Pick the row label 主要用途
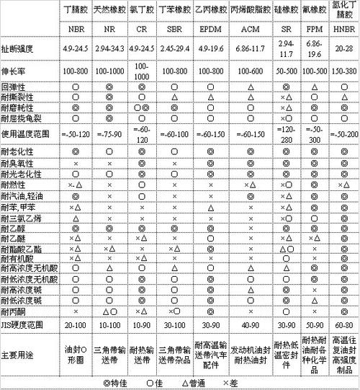point(17,355)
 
